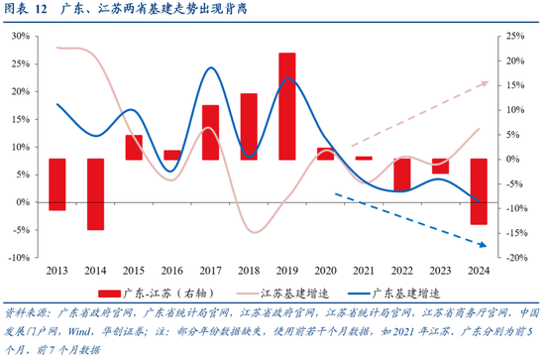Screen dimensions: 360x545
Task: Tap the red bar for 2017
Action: pos(210,132)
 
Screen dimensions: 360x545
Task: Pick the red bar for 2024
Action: pos(478,191)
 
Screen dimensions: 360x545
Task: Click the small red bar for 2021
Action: pos(364,158)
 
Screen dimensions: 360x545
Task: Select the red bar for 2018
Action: pos(249,127)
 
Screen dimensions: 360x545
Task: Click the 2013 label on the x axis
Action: pos(57,271)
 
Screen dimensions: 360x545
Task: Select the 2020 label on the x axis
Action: pos(325,271)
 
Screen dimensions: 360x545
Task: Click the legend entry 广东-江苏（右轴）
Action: pos(163,295)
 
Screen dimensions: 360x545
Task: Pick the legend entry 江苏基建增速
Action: pos(295,295)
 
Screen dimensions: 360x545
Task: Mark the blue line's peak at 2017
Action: pos(210,68)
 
